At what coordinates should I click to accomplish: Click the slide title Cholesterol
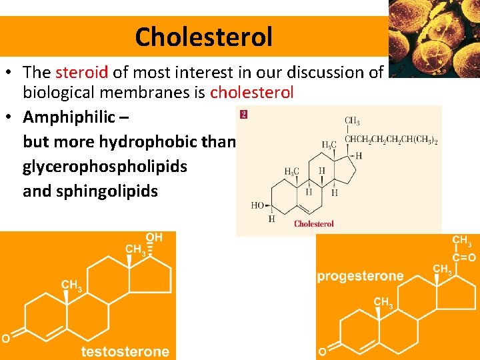203,37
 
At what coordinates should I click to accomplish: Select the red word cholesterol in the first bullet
251,93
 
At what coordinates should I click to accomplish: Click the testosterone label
125,351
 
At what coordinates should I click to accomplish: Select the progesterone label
360,276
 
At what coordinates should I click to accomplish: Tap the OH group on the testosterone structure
155,237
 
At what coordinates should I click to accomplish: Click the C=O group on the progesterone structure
463,257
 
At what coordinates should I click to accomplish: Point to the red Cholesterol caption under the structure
313,224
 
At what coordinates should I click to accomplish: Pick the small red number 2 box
243,115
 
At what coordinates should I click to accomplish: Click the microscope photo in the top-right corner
433,38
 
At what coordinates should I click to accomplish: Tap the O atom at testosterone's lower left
5,339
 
